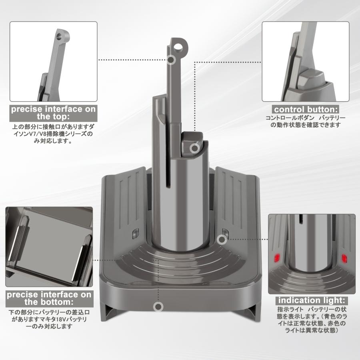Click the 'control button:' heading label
(306, 109)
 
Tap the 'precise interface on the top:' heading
(53, 113)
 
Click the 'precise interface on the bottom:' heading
(49, 298)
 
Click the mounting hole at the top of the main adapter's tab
(179, 46)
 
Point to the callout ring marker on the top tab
(172, 60)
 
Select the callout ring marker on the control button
(194, 148)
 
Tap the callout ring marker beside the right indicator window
(220, 239)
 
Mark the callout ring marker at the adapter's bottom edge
(159, 307)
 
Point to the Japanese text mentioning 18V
(48, 319)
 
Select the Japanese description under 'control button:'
(305, 121)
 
